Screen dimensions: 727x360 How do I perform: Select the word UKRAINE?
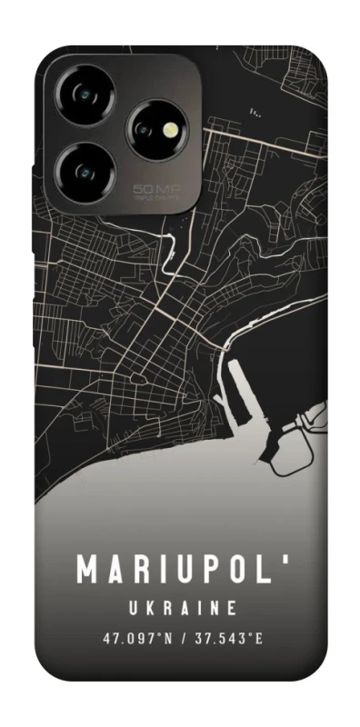pyautogui.click(x=181, y=607)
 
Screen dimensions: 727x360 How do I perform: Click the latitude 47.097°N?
pyautogui.click(x=136, y=639)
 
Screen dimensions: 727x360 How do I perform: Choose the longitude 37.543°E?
pyautogui.click(x=227, y=639)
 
